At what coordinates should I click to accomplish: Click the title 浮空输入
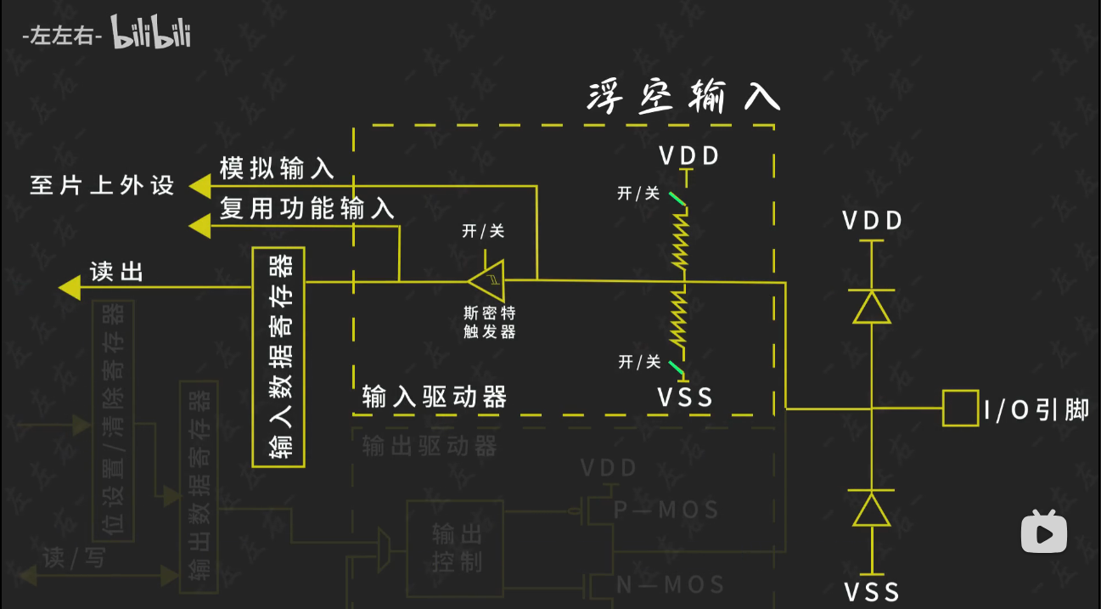pos(683,98)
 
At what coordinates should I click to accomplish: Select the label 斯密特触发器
pos(489,321)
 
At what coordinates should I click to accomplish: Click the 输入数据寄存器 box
pos(278,357)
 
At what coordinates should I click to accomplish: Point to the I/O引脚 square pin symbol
pos(960,409)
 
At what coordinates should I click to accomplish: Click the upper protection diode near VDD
pos(872,307)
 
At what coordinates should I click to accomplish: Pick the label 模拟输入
pos(277,168)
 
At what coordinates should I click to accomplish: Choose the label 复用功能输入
pos(307,209)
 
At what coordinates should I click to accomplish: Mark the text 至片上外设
pos(102,185)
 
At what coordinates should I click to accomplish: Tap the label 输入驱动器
pos(434,397)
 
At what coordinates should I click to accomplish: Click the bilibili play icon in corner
pos(1043,532)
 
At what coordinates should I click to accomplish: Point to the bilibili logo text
pos(150,35)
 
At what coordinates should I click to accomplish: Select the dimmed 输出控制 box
pos(456,549)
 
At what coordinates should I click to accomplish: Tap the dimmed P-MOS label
pos(666,510)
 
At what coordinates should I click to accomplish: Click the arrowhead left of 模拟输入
pos(199,184)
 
